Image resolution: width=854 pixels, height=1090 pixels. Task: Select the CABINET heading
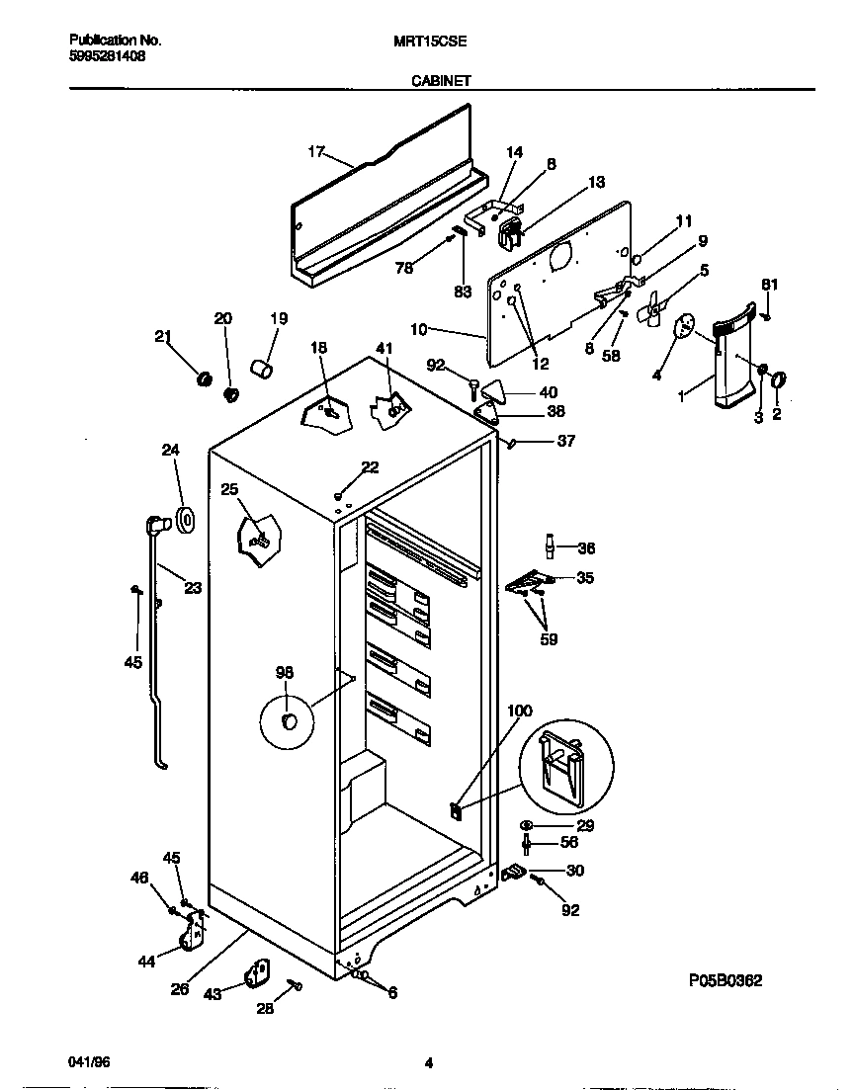440,84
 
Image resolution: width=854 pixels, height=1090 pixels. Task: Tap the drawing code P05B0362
726,980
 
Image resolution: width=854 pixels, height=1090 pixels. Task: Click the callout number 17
316,151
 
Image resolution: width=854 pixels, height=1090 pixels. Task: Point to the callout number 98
285,673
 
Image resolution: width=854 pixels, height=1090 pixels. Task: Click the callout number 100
519,711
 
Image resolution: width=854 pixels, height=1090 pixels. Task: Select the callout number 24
171,451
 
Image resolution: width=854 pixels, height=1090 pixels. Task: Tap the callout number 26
180,988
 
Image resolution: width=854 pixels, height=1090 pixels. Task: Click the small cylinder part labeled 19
262,370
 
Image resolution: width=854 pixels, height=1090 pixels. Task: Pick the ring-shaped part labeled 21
205,379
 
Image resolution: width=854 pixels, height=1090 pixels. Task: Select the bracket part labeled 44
194,929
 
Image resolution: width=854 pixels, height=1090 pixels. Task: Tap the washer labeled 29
526,825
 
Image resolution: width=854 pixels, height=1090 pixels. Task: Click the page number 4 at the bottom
429,1064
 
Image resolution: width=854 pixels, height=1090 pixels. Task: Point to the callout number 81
770,286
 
